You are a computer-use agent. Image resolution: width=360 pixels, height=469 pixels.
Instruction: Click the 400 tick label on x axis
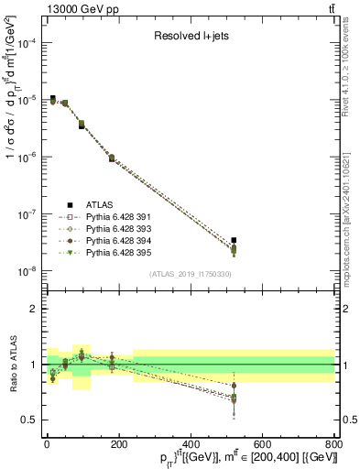tap(191, 446)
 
